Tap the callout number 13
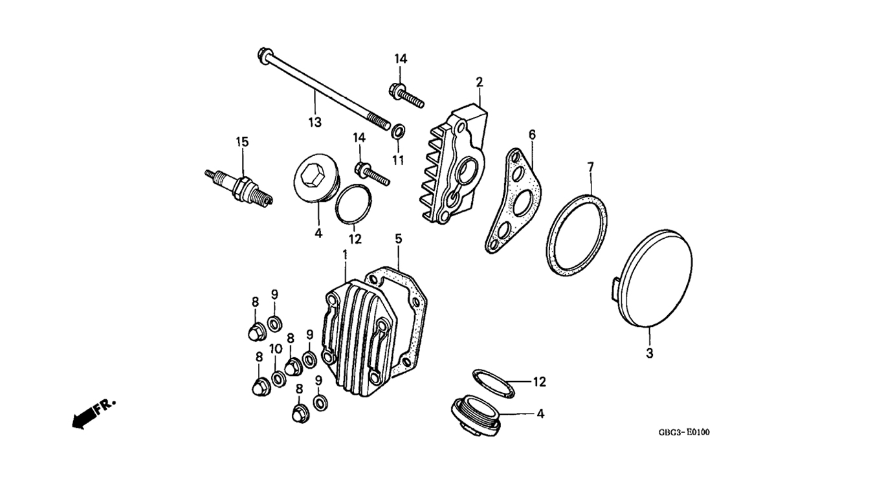pyautogui.click(x=315, y=122)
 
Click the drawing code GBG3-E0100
pyautogui.click(x=684, y=432)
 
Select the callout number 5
pyautogui.click(x=399, y=238)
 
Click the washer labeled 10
pyautogui.click(x=279, y=379)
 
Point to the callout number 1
pyautogui.click(x=345, y=254)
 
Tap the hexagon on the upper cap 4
pyautogui.click(x=311, y=175)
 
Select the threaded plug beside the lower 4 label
pyautogui.click(x=476, y=415)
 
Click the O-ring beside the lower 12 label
pyautogui.click(x=493, y=383)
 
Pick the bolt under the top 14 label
pyautogui.click(x=407, y=96)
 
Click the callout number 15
pyautogui.click(x=242, y=142)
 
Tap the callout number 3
pyautogui.click(x=650, y=353)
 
